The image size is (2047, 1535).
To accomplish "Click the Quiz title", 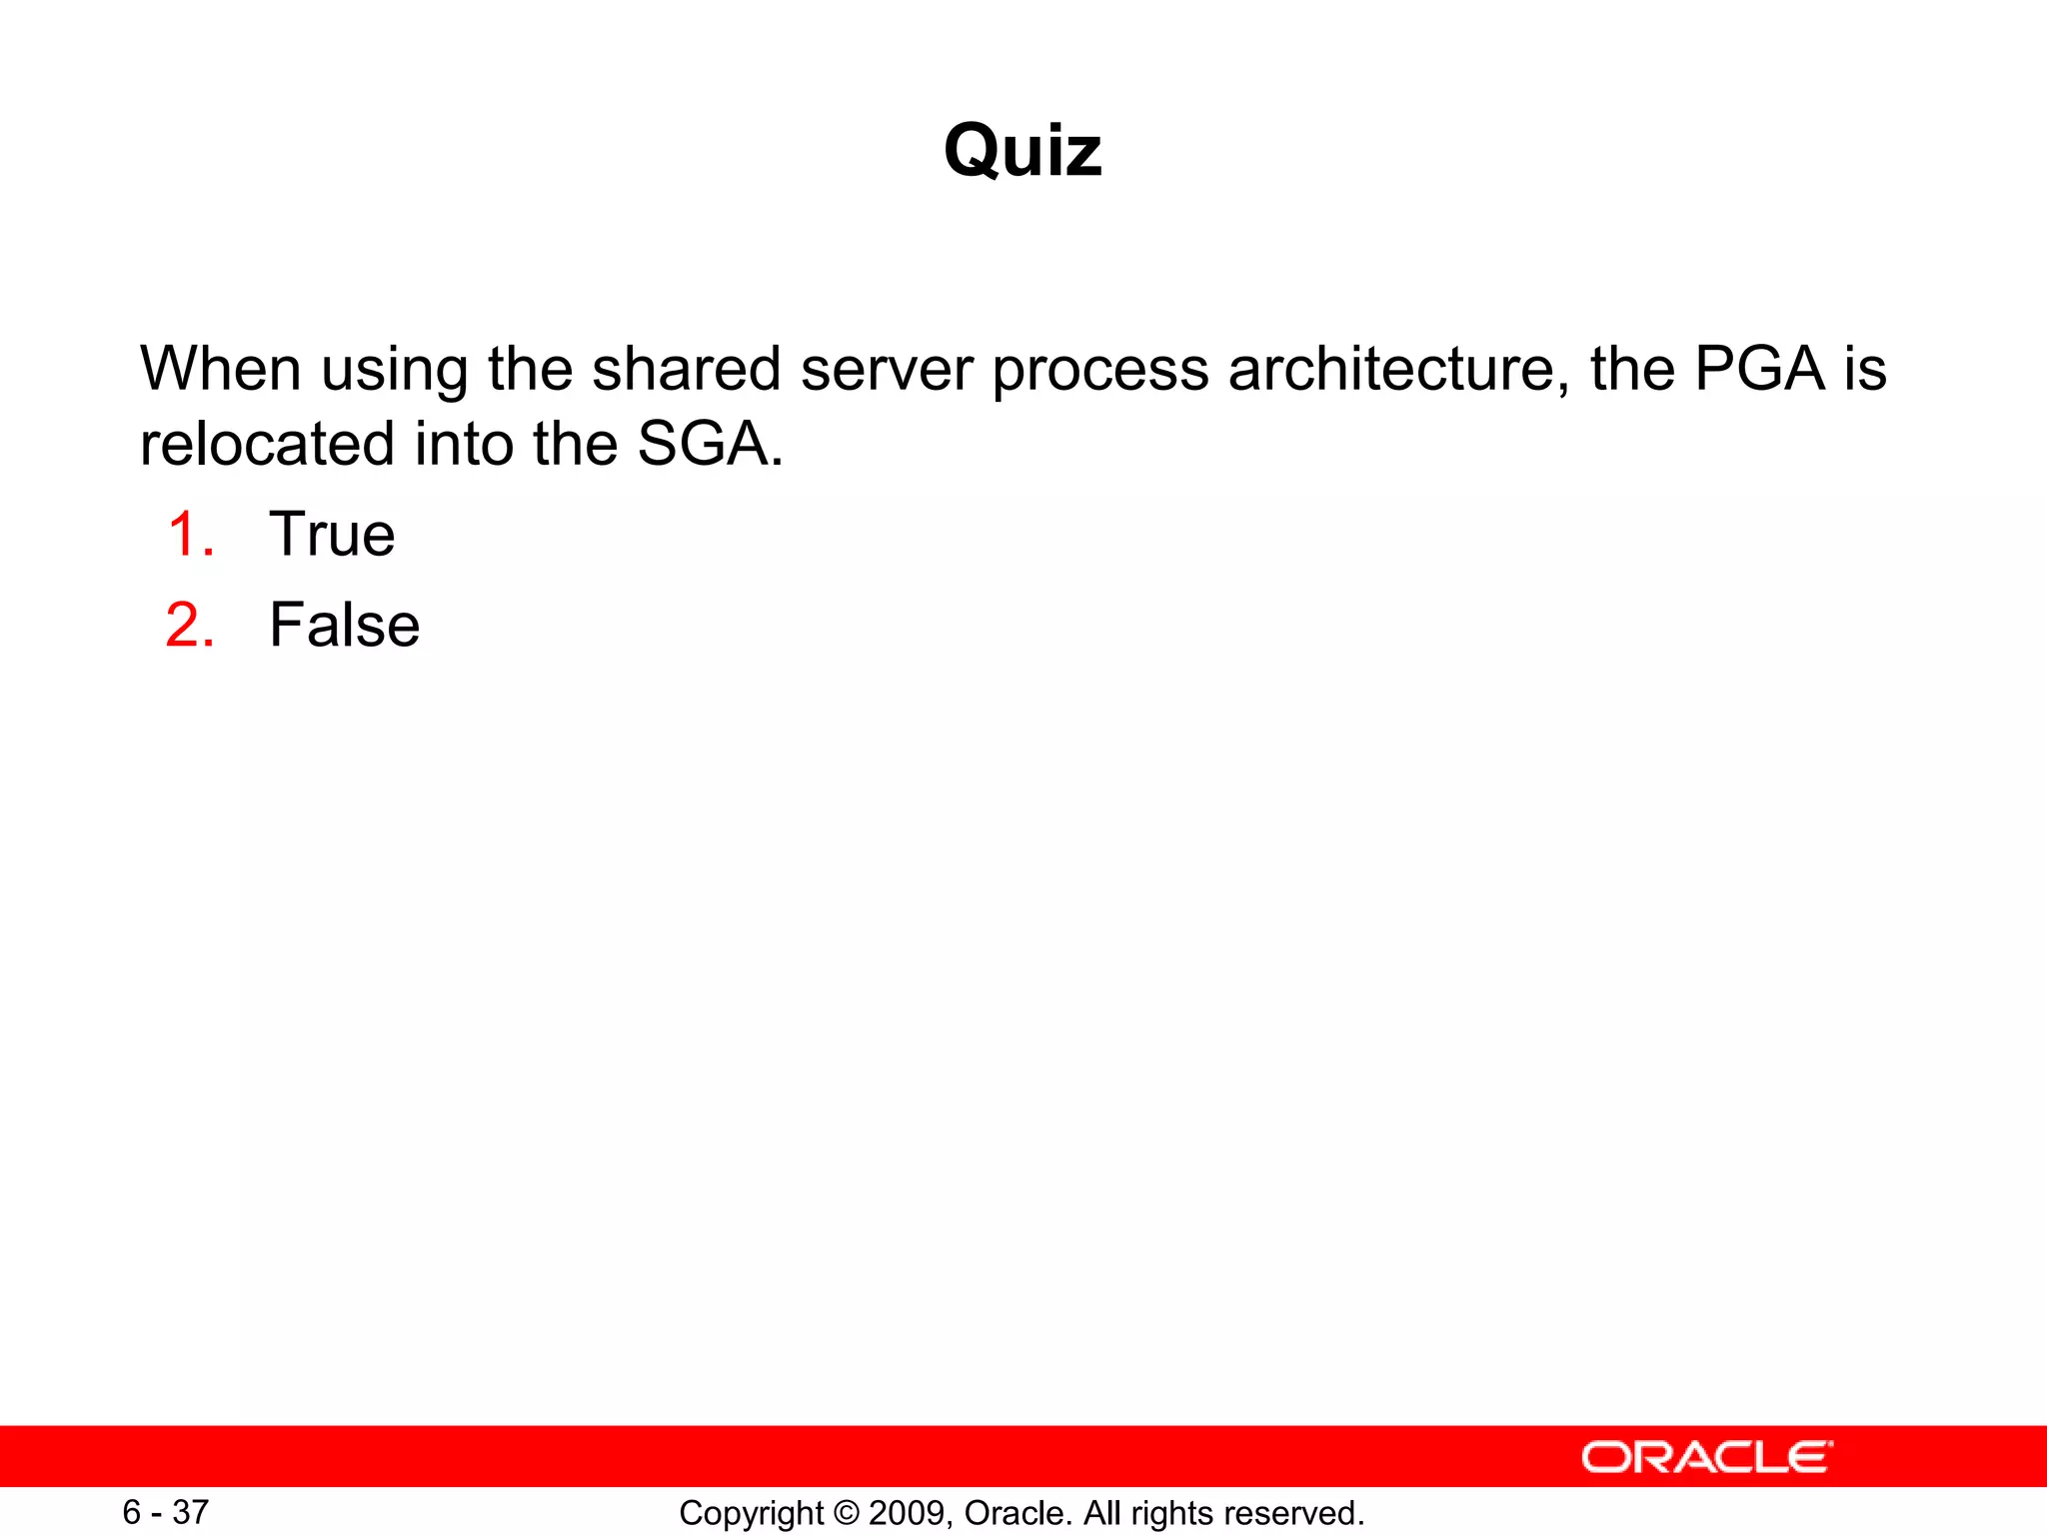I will coord(1023,151).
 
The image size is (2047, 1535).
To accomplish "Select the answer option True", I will coord(332,534).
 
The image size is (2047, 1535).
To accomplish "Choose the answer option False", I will coord(344,626).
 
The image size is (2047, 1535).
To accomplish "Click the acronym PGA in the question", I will coord(1760,369).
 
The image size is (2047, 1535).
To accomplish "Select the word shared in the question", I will coord(686,369).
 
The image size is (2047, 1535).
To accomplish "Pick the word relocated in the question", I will coord(267,444).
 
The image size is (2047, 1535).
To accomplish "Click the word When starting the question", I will coord(220,369).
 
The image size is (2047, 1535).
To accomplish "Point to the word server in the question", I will coord(887,369).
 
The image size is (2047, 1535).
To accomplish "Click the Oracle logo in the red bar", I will coord(1706,1457).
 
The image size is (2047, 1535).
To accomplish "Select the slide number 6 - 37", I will coord(165,1512).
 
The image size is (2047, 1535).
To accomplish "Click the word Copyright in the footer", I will coord(751,1514).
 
